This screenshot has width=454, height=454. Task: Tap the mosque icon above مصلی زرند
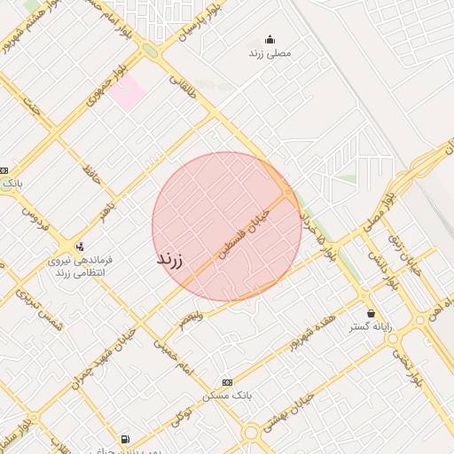tap(270, 39)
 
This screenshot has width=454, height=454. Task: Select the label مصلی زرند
tap(270, 53)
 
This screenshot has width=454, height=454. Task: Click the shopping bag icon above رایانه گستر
tap(371, 313)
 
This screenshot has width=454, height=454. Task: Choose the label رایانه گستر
tap(371, 327)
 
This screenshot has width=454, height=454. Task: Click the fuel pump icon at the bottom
tap(124, 439)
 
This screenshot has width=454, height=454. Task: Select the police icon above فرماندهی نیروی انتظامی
tap(80, 247)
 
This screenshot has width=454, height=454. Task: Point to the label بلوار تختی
tap(413, 368)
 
